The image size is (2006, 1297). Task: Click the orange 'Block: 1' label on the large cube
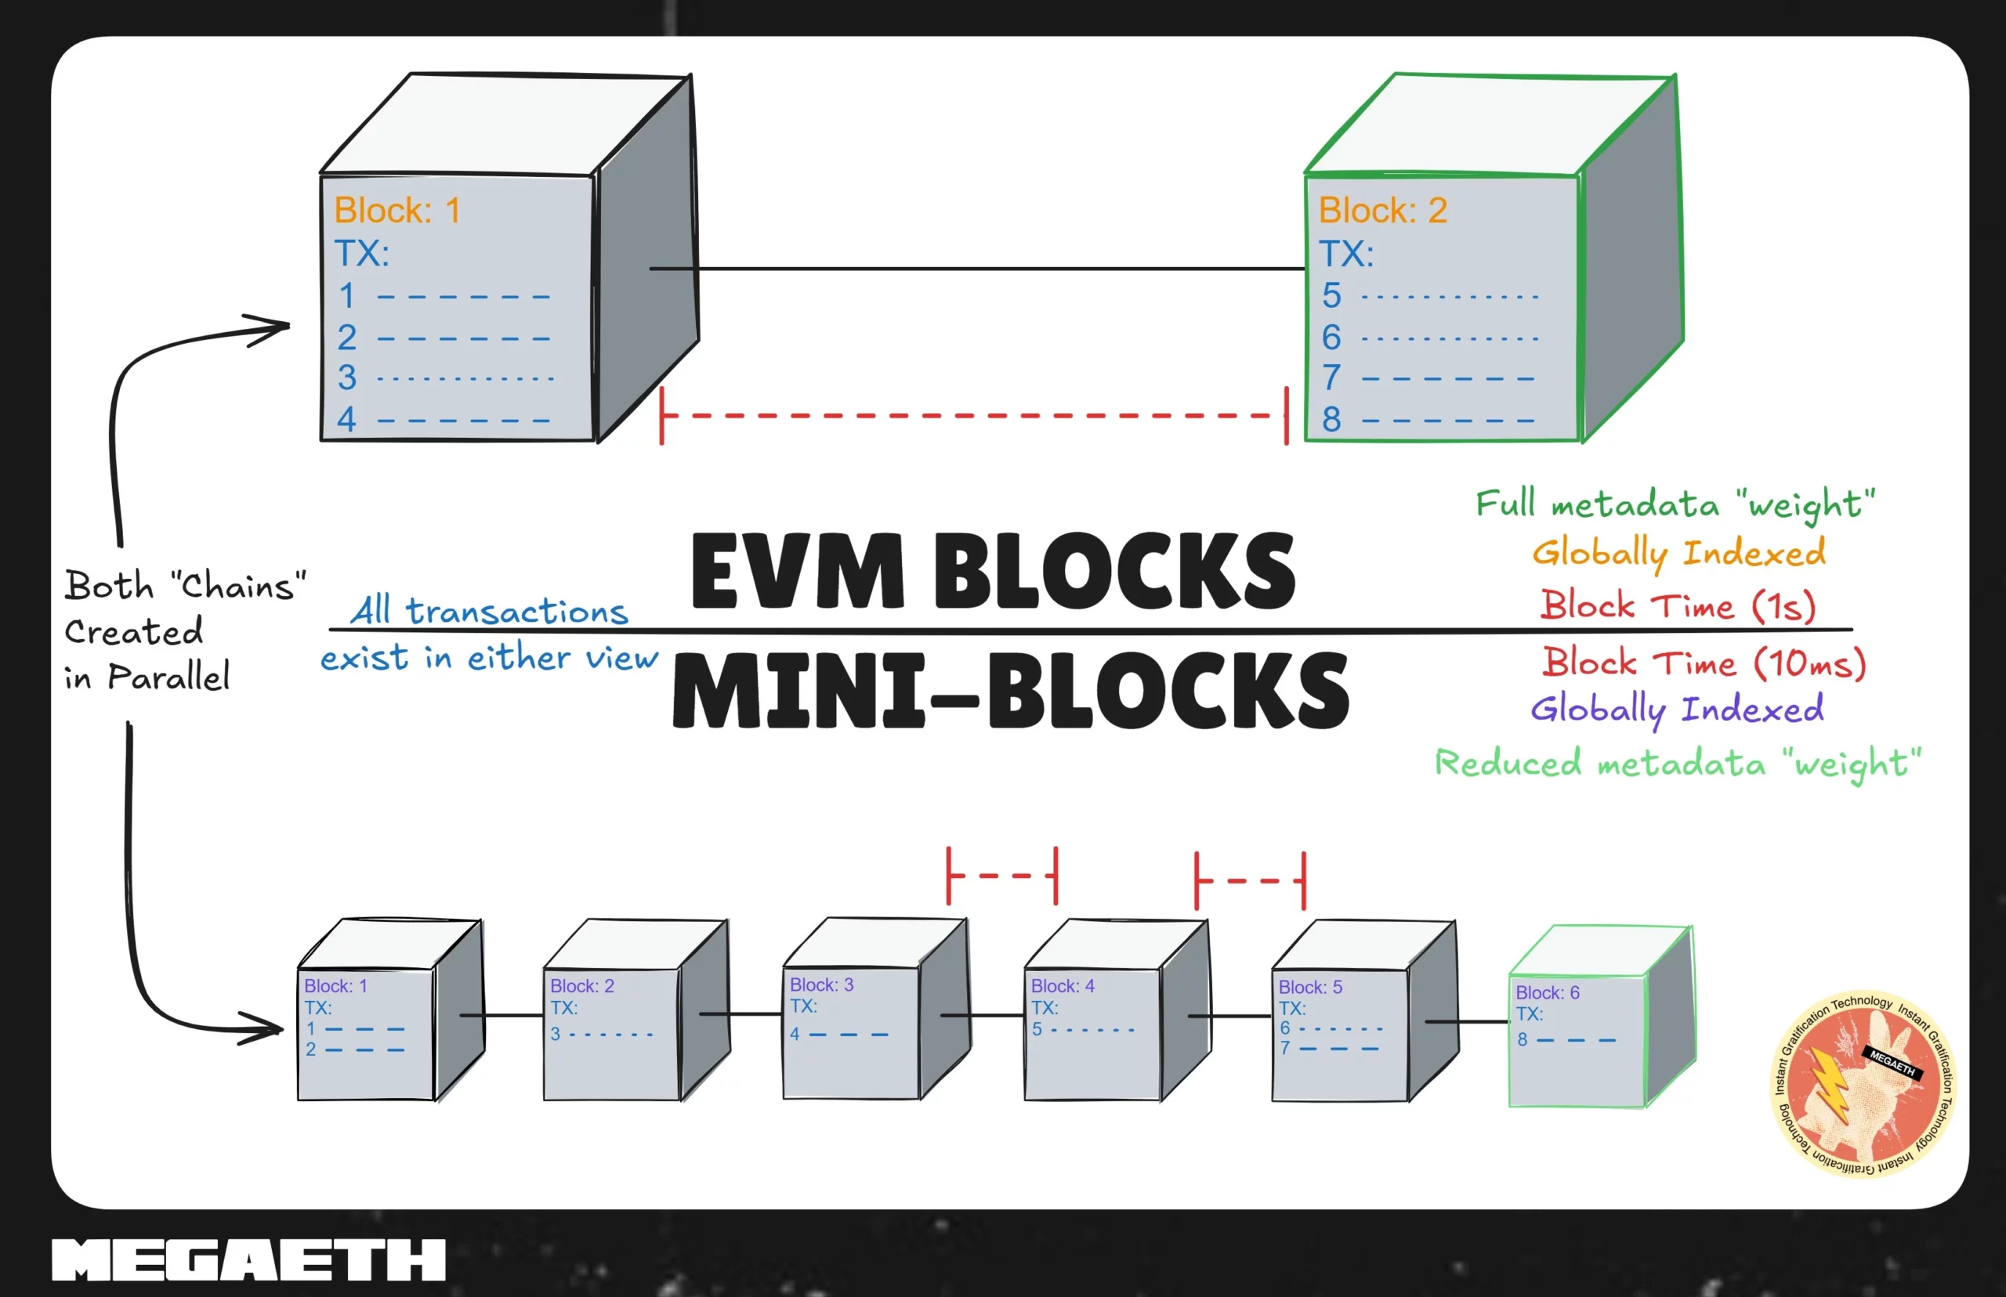point(396,211)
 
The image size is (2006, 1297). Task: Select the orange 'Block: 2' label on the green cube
point(1381,211)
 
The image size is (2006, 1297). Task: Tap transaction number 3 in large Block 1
point(347,378)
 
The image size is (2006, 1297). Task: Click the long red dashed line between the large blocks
point(973,415)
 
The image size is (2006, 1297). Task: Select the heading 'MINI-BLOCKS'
point(1010,692)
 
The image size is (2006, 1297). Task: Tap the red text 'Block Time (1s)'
point(1677,605)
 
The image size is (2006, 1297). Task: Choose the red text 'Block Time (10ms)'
point(1704,663)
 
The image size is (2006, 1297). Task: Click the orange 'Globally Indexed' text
point(1678,553)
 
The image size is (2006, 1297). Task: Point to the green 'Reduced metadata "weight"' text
point(1678,763)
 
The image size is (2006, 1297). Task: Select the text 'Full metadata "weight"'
point(1675,504)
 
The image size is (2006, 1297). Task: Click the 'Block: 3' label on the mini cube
point(820,984)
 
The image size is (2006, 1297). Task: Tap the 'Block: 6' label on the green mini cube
point(1547,993)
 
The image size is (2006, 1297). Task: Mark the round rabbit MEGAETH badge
point(1863,1082)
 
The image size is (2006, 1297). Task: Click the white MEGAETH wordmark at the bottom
point(248,1260)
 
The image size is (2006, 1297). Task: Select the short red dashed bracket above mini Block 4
point(1001,876)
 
